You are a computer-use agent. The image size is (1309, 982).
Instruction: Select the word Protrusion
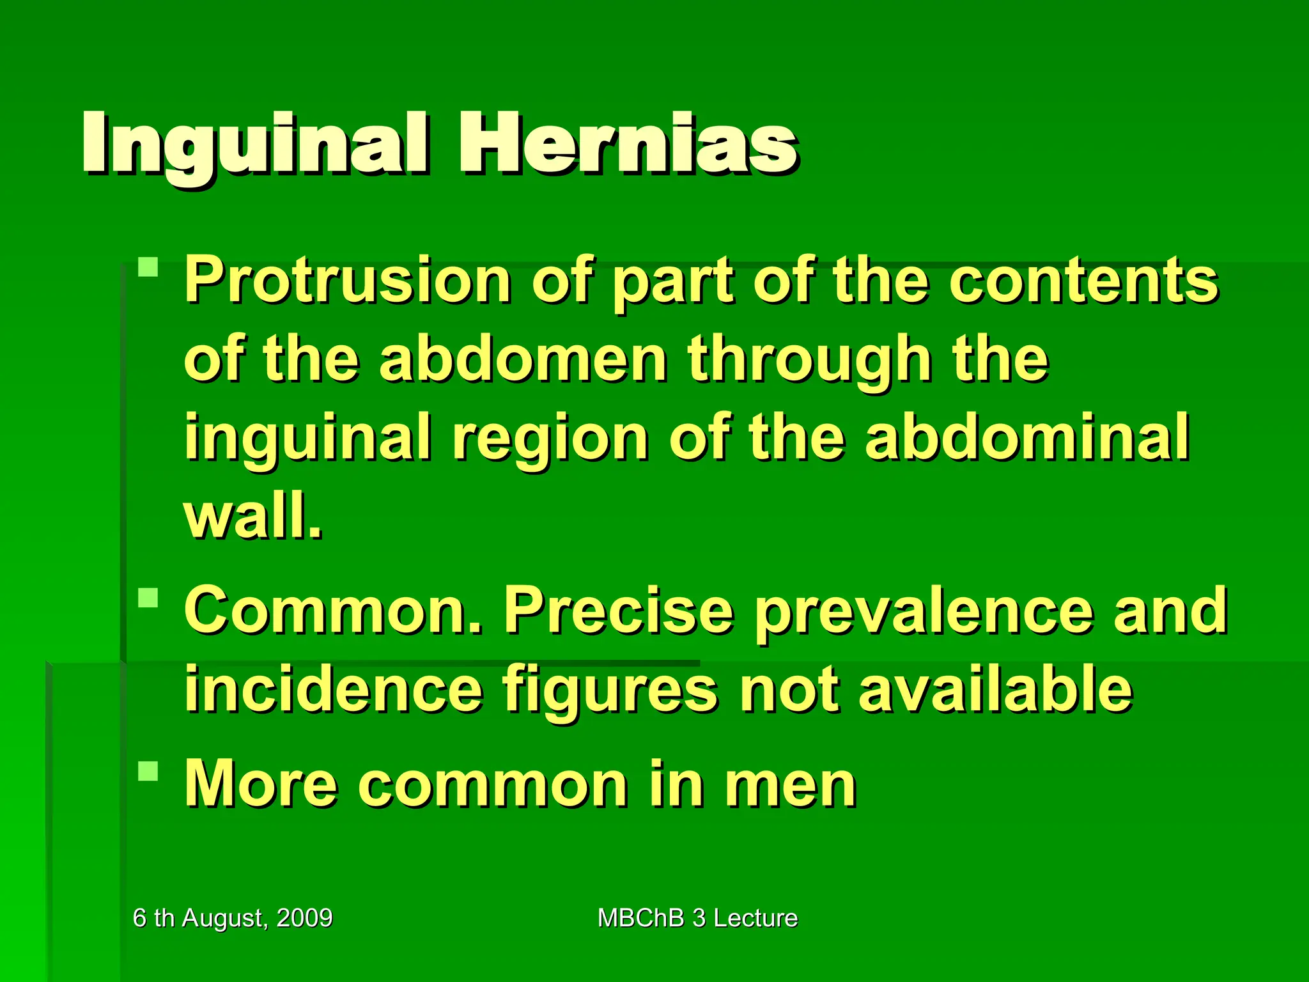348,281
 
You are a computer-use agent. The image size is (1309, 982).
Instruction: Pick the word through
809,362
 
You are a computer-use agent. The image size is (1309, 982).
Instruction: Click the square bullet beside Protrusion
148,267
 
